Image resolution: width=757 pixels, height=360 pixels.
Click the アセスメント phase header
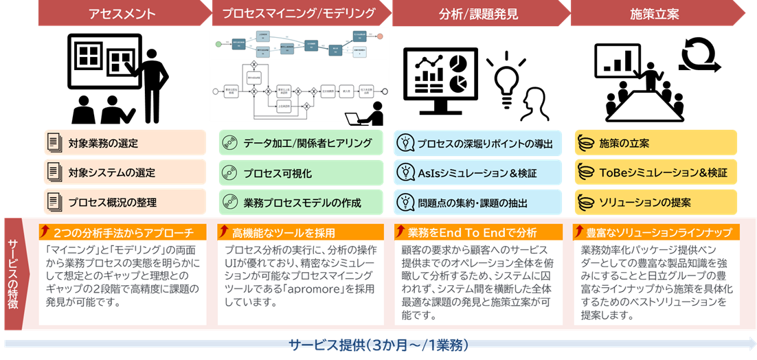pyautogui.click(x=122, y=13)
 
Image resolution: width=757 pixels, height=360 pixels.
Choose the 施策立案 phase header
pyautogui.click(x=656, y=13)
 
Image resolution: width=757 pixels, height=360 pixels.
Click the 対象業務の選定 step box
pyautogui.click(x=125, y=143)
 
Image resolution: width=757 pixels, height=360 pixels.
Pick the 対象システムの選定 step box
pyautogui.click(x=125, y=172)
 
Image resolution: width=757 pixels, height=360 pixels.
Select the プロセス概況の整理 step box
pyautogui.click(x=125, y=202)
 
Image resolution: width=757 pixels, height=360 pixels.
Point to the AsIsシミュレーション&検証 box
pyautogui.click(x=478, y=172)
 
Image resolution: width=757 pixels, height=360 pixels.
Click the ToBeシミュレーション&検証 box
pyautogui.click(x=655, y=172)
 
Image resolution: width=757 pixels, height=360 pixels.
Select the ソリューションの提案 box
pyautogui.click(x=655, y=202)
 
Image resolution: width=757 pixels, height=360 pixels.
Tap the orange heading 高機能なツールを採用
pyautogui.click(x=301, y=232)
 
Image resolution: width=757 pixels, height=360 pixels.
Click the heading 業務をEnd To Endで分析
pyautogui.click(x=478, y=232)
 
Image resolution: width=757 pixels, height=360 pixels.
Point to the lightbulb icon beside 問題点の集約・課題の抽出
pyautogui.click(x=406, y=202)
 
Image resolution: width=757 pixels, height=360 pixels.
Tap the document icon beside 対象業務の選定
pyautogui.click(x=54, y=143)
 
